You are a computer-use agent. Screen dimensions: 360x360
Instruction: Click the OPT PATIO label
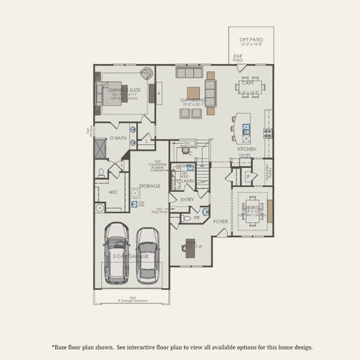tap(251, 40)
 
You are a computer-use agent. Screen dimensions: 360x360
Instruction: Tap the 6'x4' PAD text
tap(238, 58)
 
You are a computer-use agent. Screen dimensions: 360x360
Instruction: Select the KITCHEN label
tap(247, 149)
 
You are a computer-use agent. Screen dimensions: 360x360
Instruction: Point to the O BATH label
tap(118, 138)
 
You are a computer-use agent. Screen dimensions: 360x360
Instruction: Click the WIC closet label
tap(113, 193)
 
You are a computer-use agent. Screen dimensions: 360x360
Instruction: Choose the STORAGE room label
tap(149, 186)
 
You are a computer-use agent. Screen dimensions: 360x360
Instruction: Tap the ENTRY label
tap(187, 199)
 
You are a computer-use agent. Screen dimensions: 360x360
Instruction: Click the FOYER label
tap(221, 221)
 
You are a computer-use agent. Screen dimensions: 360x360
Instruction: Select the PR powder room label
tap(196, 218)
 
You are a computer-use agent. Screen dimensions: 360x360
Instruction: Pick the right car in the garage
tap(148, 256)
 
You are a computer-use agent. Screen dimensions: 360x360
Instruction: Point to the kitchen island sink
tap(246, 128)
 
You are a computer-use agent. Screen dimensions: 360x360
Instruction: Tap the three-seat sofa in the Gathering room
tap(188, 73)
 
